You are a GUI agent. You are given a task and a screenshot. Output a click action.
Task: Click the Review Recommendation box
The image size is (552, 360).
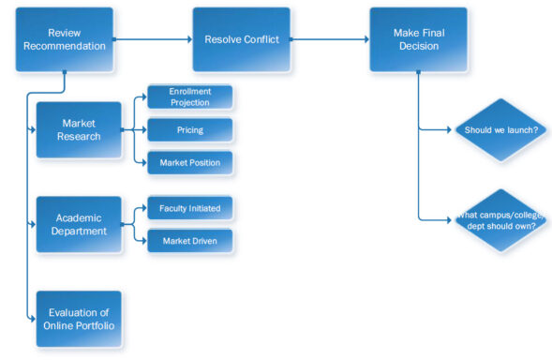click(x=64, y=39)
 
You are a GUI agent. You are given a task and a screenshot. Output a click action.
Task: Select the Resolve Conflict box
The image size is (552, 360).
click(x=241, y=39)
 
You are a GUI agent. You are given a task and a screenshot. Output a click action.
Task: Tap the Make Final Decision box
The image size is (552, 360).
click(x=417, y=39)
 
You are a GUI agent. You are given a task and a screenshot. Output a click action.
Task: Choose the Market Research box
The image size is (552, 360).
click(x=79, y=129)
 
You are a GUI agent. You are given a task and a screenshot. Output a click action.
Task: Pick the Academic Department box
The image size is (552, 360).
click(x=79, y=224)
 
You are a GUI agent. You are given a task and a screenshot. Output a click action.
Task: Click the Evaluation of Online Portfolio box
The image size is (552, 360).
click(x=79, y=319)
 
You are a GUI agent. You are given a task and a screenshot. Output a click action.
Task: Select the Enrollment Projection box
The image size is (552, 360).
click(x=190, y=97)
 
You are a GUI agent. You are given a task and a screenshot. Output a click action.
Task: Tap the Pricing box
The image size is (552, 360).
click(x=190, y=129)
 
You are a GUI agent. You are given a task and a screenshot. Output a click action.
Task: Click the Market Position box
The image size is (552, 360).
click(x=190, y=162)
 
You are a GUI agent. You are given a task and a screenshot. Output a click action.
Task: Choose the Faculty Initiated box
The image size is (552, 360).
click(x=190, y=207)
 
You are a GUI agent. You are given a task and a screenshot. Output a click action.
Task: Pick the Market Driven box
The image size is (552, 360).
click(x=190, y=240)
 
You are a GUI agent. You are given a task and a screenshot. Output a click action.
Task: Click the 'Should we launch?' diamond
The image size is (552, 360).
click(x=500, y=130)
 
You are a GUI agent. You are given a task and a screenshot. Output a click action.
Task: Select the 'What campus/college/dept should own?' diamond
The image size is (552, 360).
click(x=500, y=220)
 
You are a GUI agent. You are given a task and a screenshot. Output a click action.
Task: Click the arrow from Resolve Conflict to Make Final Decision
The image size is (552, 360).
click(x=329, y=39)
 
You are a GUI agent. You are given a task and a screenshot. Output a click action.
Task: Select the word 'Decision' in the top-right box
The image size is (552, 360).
click(x=417, y=46)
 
